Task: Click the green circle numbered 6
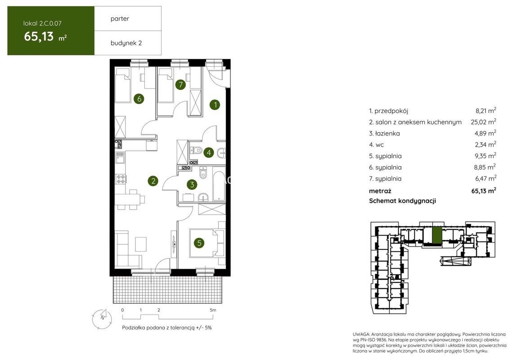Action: [x=139, y=99]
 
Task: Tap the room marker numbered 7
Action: [x=180, y=85]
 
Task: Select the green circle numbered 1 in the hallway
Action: [x=215, y=105]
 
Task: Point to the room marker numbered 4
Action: [x=208, y=152]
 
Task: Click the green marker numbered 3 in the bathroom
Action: [x=192, y=184]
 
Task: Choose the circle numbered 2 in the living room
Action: [x=153, y=180]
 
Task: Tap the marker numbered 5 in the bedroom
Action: [x=199, y=243]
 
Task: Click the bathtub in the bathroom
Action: [x=219, y=184]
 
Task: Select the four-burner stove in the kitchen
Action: [x=121, y=179]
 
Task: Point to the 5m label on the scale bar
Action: [x=213, y=310]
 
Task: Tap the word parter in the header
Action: [x=120, y=19]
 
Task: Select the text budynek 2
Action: [x=126, y=43]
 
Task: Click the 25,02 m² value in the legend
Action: [x=483, y=121]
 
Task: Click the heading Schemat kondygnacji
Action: [x=402, y=201]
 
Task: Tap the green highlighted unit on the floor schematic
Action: [x=437, y=235]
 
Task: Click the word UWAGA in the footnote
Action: [x=361, y=334]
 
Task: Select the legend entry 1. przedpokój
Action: [x=388, y=111]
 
